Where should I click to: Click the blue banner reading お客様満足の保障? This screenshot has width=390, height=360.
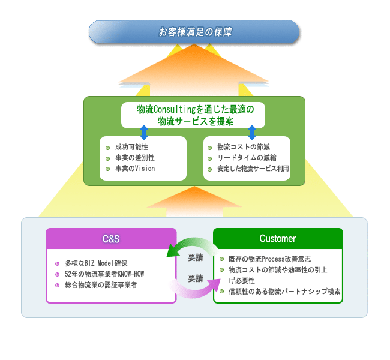click(x=194, y=32)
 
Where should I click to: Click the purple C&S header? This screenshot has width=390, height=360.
click(x=111, y=239)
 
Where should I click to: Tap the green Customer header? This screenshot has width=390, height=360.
click(x=278, y=238)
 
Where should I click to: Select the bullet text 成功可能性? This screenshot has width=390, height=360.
click(x=131, y=147)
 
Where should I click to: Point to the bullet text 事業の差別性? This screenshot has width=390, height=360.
click(x=135, y=158)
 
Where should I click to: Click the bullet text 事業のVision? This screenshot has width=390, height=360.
click(x=135, y=169)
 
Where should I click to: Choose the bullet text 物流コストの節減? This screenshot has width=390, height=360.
click(x=244, y=147)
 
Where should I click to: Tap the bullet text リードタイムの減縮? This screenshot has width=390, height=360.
click(x=247, y=158)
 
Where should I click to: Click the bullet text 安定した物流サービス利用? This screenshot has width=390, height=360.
click(x=253, y=169)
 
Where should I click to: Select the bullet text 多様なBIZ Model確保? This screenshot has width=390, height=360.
click(x=96, y=263)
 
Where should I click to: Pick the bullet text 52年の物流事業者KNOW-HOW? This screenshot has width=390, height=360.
click(x=104, y=274)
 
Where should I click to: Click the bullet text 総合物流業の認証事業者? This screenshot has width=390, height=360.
click(x=101, y=285)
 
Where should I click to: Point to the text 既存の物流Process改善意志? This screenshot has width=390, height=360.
click(x=269, y=259)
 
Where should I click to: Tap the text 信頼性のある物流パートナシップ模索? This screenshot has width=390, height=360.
click(x=284, y=292)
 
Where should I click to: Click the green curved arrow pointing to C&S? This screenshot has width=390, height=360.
click(x=191, y=243)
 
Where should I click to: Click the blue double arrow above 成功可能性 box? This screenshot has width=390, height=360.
click(x=144, y=133)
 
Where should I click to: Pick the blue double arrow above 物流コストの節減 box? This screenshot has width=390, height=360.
click(x=252, y=133)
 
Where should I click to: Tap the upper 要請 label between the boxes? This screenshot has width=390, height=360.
click(x=196, y=257)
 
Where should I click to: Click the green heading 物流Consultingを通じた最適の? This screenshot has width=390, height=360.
click(x=196, y=109)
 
